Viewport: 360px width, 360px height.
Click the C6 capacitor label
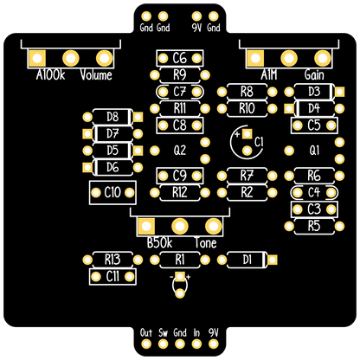coord(179,58)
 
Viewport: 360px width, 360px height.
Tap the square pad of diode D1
coord(272,260)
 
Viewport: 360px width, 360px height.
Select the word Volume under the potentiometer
coord(96,75)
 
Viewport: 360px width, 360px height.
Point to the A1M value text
coord(269,75)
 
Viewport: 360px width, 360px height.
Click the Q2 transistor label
coord(179,151)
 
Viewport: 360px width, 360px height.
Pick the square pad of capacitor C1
coord(247,133)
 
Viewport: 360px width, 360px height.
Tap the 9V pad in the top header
coord(196,16)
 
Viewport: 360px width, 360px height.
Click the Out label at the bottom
coord(146,332)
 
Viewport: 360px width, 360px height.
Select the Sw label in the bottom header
coord(163,332)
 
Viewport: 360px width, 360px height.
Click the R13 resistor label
coord(112,260)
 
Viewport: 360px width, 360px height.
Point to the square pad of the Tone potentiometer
coord(146,226)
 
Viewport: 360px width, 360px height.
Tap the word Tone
coord(205,243)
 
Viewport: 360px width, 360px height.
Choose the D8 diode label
coord(112,117)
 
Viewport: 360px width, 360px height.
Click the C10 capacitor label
coord(112,192)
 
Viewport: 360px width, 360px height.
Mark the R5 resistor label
coord(314,226)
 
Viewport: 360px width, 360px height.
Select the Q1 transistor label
coord(314,151)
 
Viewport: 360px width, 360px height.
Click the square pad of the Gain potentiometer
coord(255,58)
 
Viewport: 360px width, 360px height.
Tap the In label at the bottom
coord(196,332)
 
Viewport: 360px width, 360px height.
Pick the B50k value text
coord(159,243)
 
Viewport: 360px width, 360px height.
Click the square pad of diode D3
coord(339,92)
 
